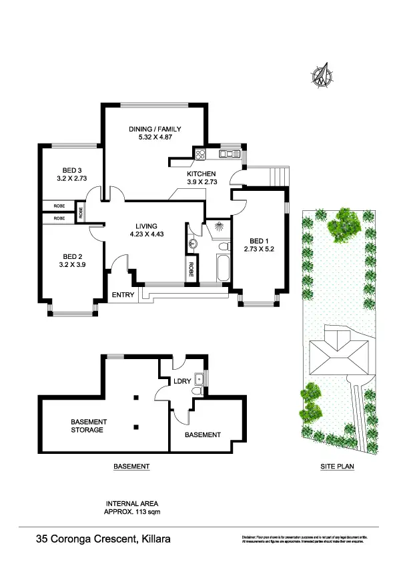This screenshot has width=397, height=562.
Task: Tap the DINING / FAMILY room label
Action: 155,129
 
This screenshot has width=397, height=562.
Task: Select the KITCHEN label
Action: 201,173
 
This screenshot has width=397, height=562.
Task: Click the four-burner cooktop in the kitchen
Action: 200,154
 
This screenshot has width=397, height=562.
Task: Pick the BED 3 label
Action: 72,170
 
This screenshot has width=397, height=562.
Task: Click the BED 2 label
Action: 72,256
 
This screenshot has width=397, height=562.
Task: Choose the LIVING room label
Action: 157,224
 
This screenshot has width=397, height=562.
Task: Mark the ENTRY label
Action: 124,294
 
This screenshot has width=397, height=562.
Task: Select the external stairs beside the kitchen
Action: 278,176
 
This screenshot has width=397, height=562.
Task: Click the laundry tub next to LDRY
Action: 198,378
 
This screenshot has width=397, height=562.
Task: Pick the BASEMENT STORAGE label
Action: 87,426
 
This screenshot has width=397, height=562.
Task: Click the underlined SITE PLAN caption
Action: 336,467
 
